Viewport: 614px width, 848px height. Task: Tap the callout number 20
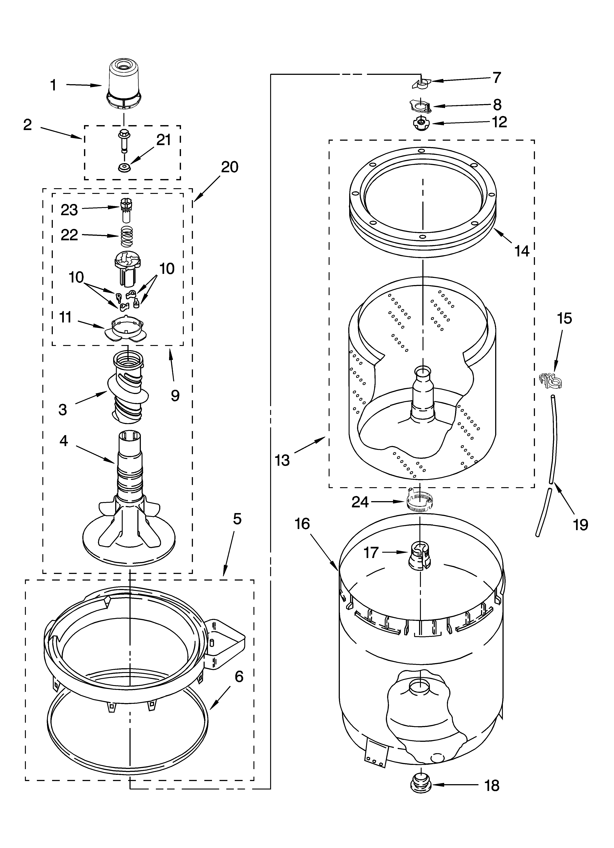229,167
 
